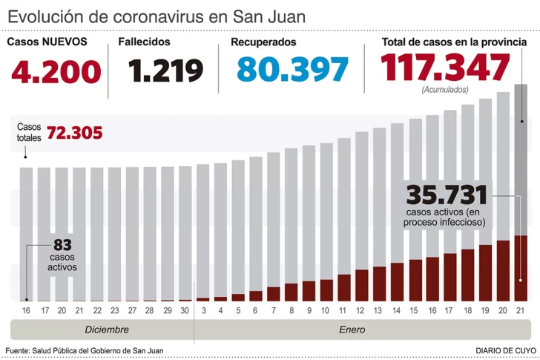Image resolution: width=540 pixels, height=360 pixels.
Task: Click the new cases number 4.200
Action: tap(56, 71)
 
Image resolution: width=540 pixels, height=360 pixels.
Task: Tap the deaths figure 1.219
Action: tap(165, 71)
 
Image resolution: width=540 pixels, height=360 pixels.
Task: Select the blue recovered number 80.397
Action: tap(292, 70)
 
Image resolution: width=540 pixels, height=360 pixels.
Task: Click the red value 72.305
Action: tap(74, 134)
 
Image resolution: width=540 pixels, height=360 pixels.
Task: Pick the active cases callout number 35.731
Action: tap(447, 196)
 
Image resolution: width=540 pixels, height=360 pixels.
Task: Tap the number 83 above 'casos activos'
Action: tap(62, 244)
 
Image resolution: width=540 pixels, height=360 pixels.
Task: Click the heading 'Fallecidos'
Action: tap(144, 42)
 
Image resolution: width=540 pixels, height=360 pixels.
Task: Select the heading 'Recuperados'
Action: tap(263, 42)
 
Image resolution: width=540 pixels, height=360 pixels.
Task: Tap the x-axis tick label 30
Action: tap(185, 310)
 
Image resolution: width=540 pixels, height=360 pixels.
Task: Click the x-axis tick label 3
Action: tap(202, 310)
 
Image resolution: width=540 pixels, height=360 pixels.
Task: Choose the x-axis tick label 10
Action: tap(326, 310)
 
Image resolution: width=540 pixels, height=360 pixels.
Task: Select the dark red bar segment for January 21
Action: tap(521, 268)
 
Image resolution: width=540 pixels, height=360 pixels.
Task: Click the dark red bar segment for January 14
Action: tap(397, 281)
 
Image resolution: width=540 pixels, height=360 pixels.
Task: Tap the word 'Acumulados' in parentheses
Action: tap(445, 90)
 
